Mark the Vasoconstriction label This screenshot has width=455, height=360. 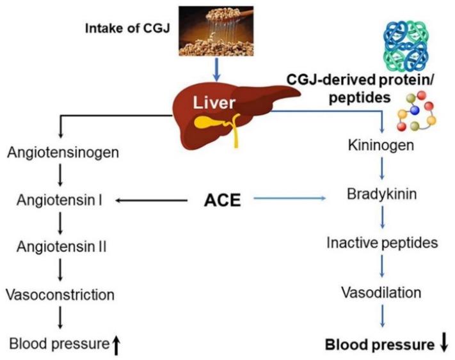pos(60,295)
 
